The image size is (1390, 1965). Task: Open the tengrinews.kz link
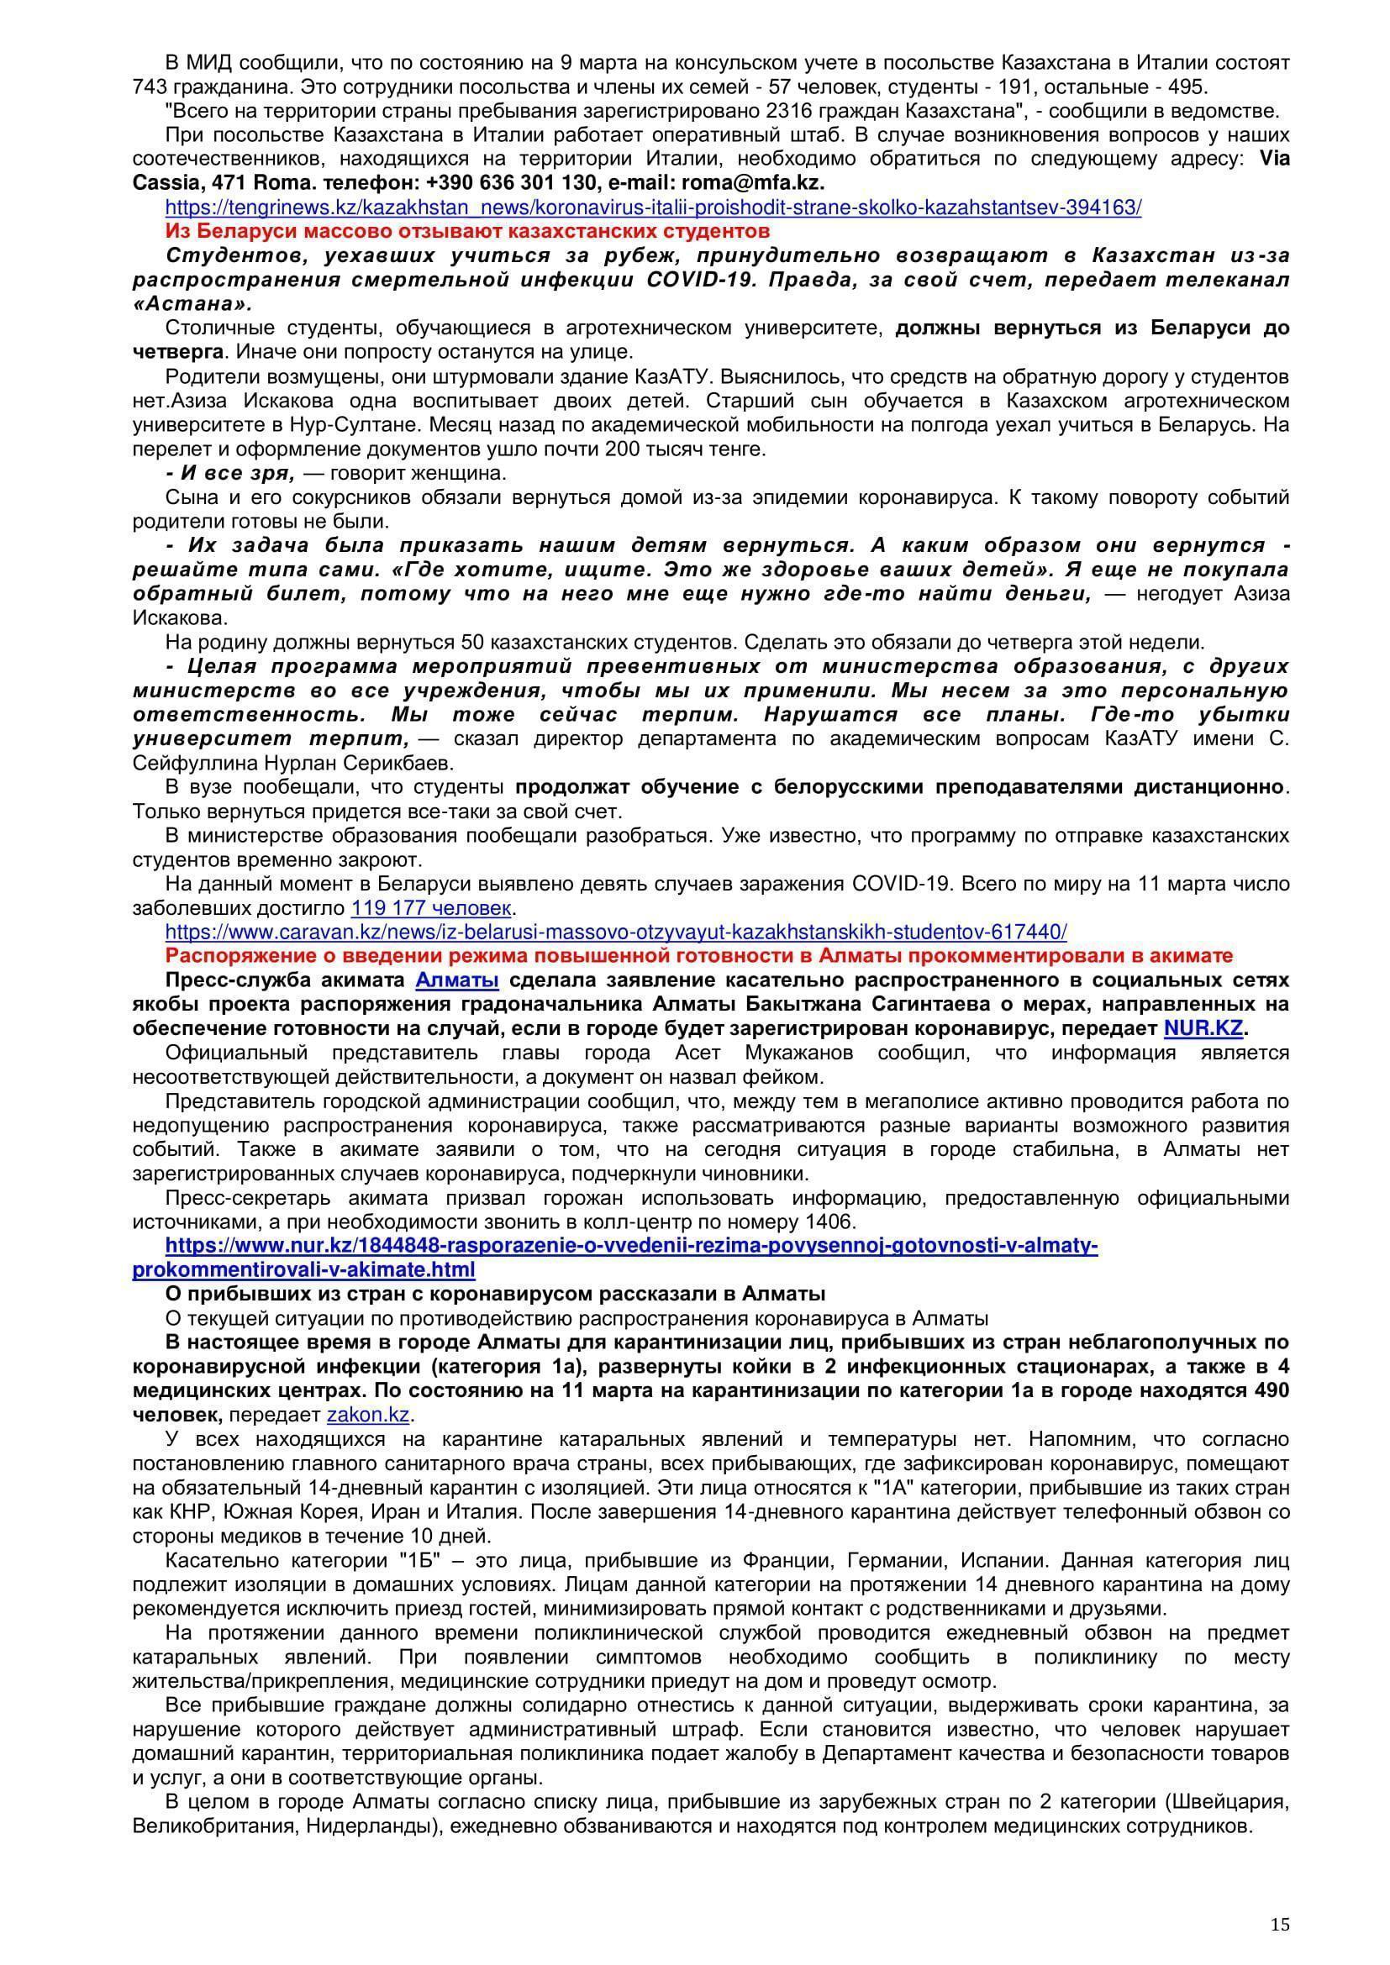click(652, 208)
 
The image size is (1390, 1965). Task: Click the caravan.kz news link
click(615, 931)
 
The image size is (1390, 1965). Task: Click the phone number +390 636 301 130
click(511, 183)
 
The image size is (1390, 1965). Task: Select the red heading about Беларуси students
click(467, 231)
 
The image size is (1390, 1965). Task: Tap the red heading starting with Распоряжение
click(698, 955)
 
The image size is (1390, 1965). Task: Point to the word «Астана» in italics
click(192, 304)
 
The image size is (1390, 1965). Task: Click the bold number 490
click(1270, 1390)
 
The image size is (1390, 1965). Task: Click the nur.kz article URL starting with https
click(614, 1258)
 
